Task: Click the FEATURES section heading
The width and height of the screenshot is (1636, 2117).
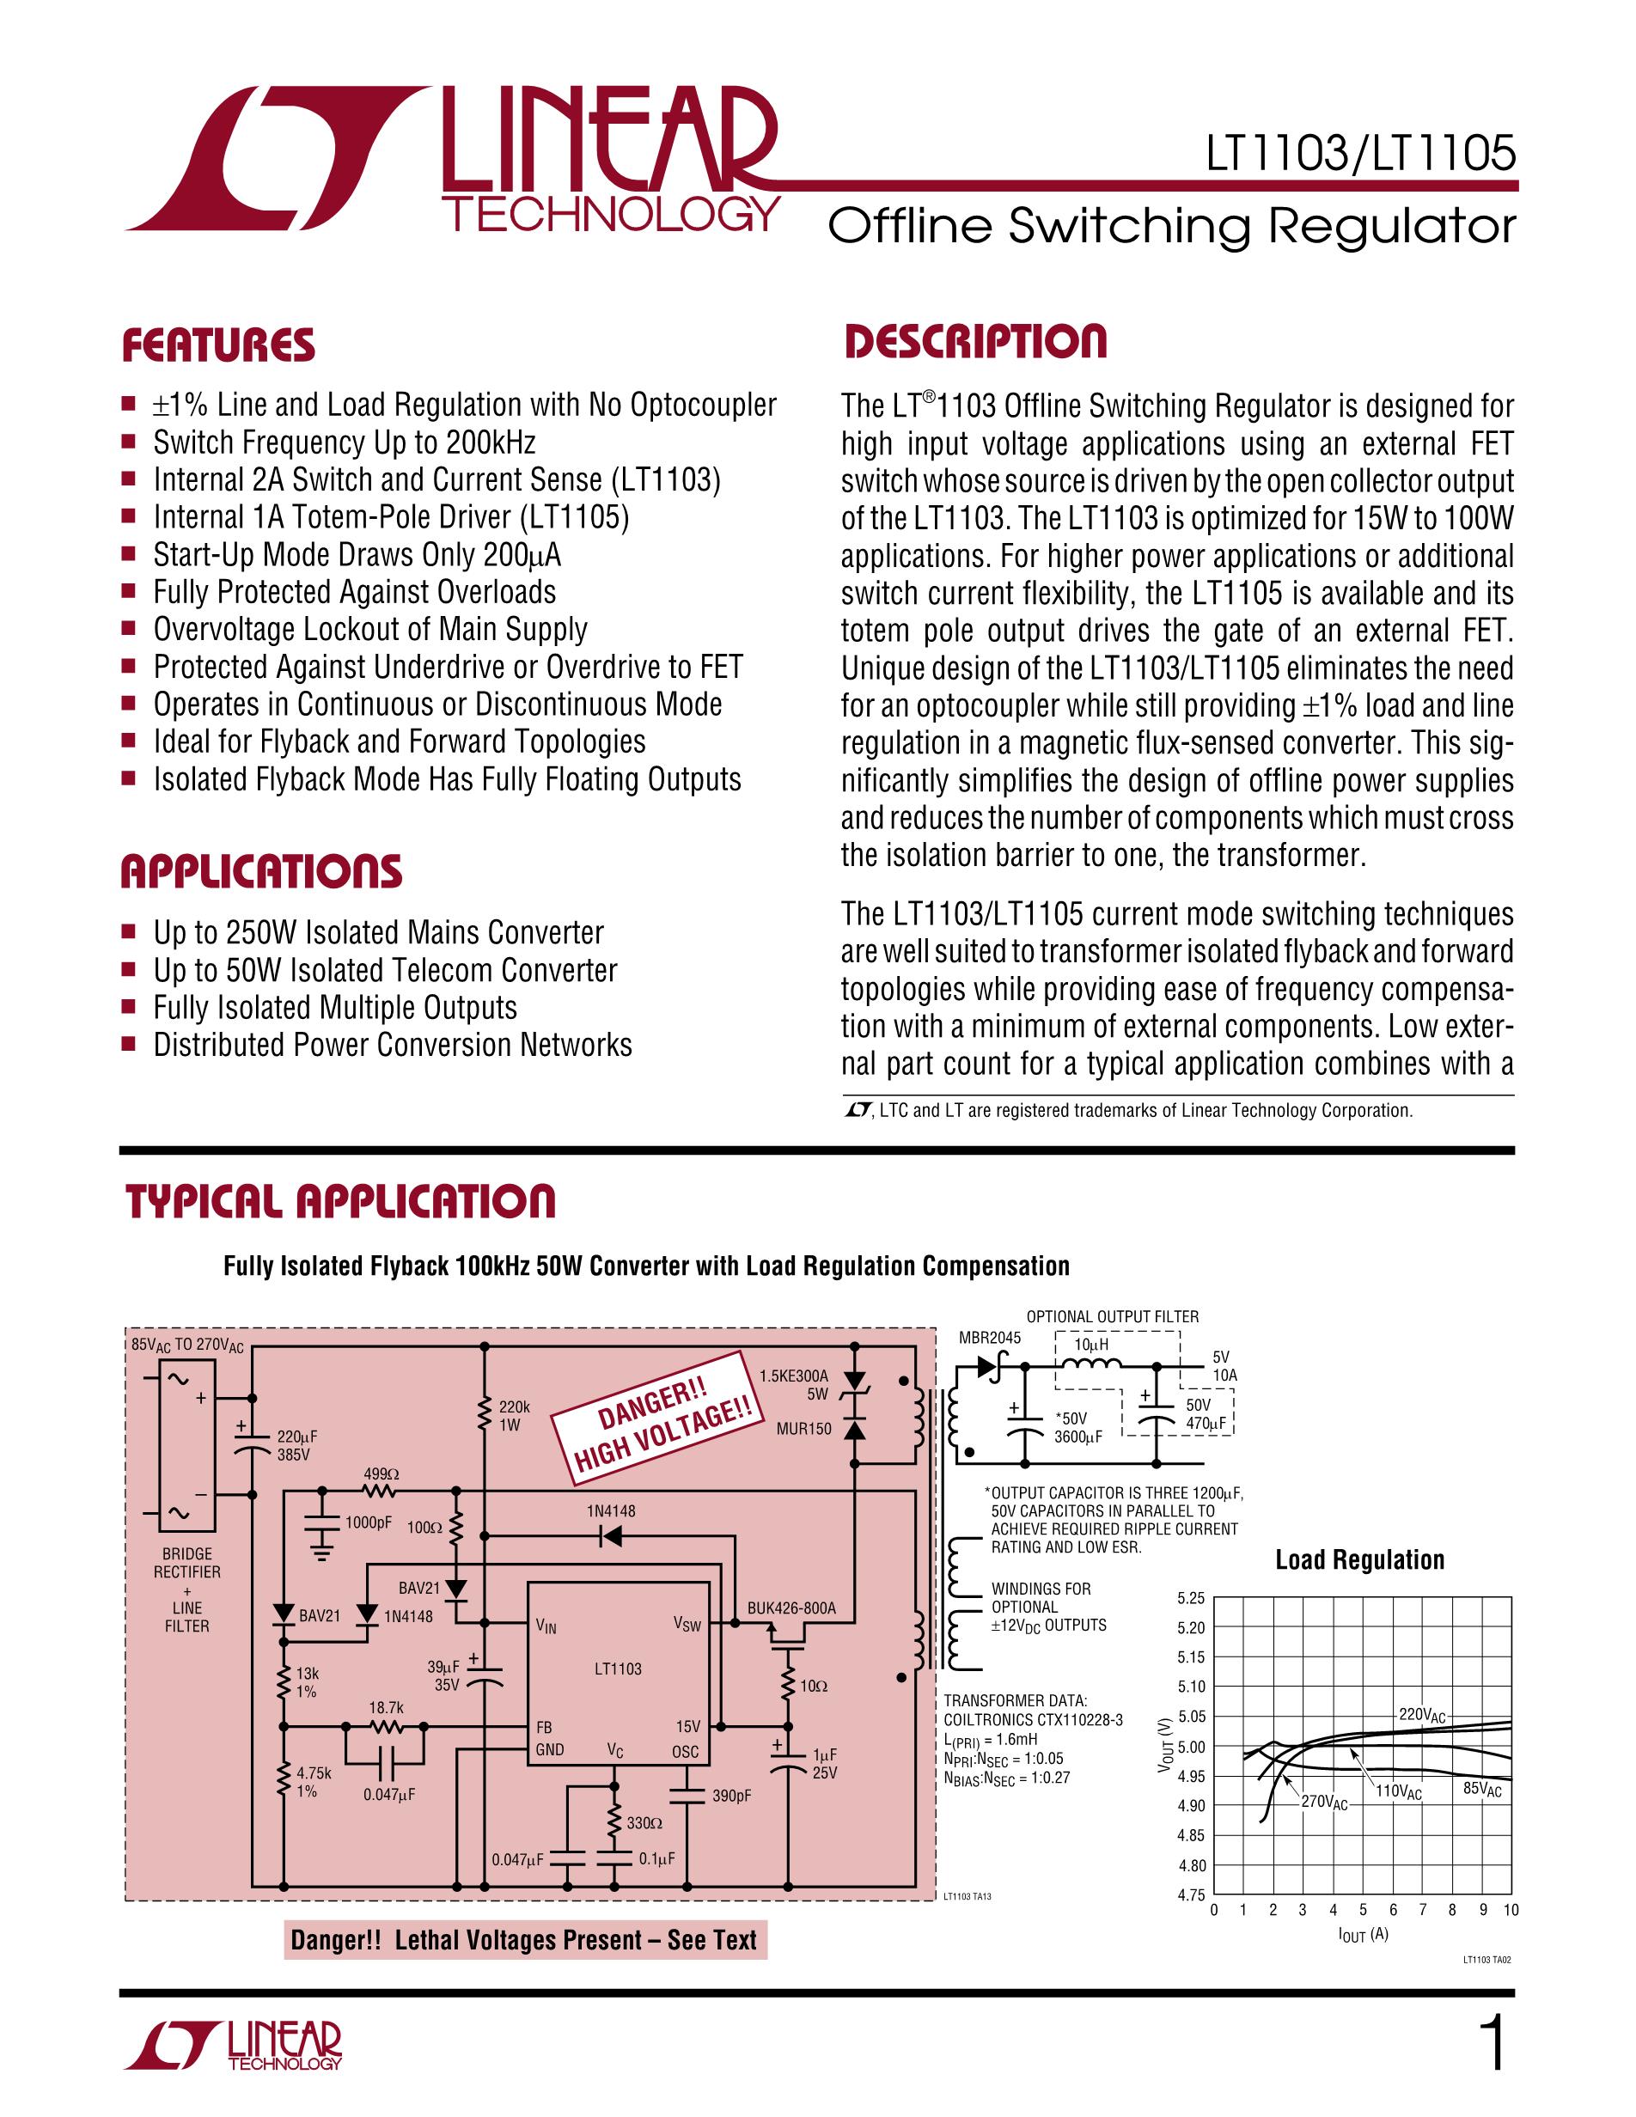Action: click(218, 346)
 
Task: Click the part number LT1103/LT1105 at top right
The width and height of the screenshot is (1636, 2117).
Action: click(1361, 153)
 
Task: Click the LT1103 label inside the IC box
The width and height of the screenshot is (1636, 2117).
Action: click(619, 1669)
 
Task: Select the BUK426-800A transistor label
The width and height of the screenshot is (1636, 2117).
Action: click(791, 1608)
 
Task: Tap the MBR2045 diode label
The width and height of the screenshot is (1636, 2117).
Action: click(990, 1338)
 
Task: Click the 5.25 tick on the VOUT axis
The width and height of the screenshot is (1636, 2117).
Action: click(1190, 1598)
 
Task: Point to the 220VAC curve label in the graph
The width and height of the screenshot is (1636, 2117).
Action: click(1422, 1715)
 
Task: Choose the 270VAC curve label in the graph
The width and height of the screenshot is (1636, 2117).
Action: click(1324, 1803)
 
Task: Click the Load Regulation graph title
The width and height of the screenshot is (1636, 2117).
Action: click(1358, 1559)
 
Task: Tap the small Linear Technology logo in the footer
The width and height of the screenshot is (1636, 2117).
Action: click(235, 2046)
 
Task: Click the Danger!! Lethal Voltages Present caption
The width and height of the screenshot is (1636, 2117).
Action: click(524, 1940)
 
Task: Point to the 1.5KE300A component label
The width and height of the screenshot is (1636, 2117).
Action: click(794, 1376)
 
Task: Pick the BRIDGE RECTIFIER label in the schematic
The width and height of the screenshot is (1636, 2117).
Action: click(187, 1563)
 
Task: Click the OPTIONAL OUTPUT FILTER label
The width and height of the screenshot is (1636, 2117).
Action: click(1112, 1316)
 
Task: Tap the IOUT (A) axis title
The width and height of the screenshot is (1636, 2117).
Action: click(1363, 1934)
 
